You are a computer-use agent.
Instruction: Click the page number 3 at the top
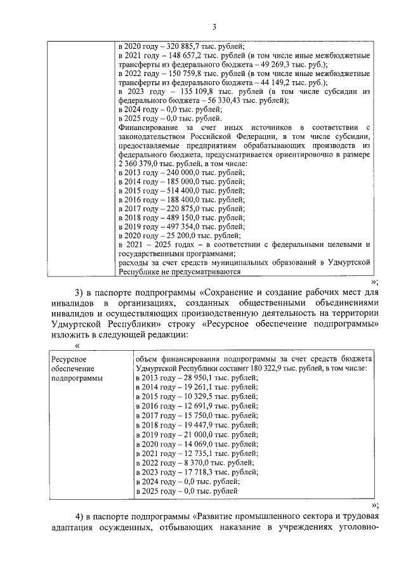click(x=214, y=26)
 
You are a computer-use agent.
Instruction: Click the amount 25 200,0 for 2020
click(x=180, y=235)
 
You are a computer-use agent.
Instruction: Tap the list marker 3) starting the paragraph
click(x=80, y=292)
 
